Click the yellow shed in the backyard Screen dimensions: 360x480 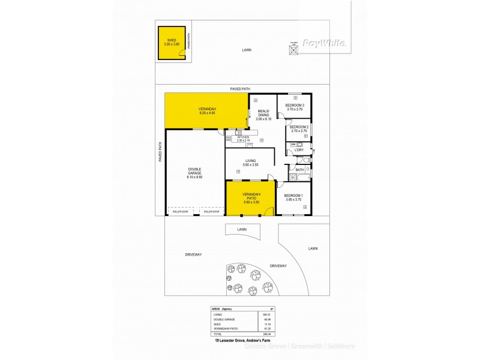click(x=170, y=43)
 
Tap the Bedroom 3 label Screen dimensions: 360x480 click(x=295, y=106)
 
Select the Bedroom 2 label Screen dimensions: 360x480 click(x=299, y=127)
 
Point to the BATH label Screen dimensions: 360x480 click(x=299, y=170)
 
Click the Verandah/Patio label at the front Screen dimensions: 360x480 click(x=251, y=196)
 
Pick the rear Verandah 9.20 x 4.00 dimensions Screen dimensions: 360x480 click(x=207, y=113)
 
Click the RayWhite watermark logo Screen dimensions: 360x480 click(x=323, y=43)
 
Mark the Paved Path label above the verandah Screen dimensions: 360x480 click(x=239, y=89)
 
